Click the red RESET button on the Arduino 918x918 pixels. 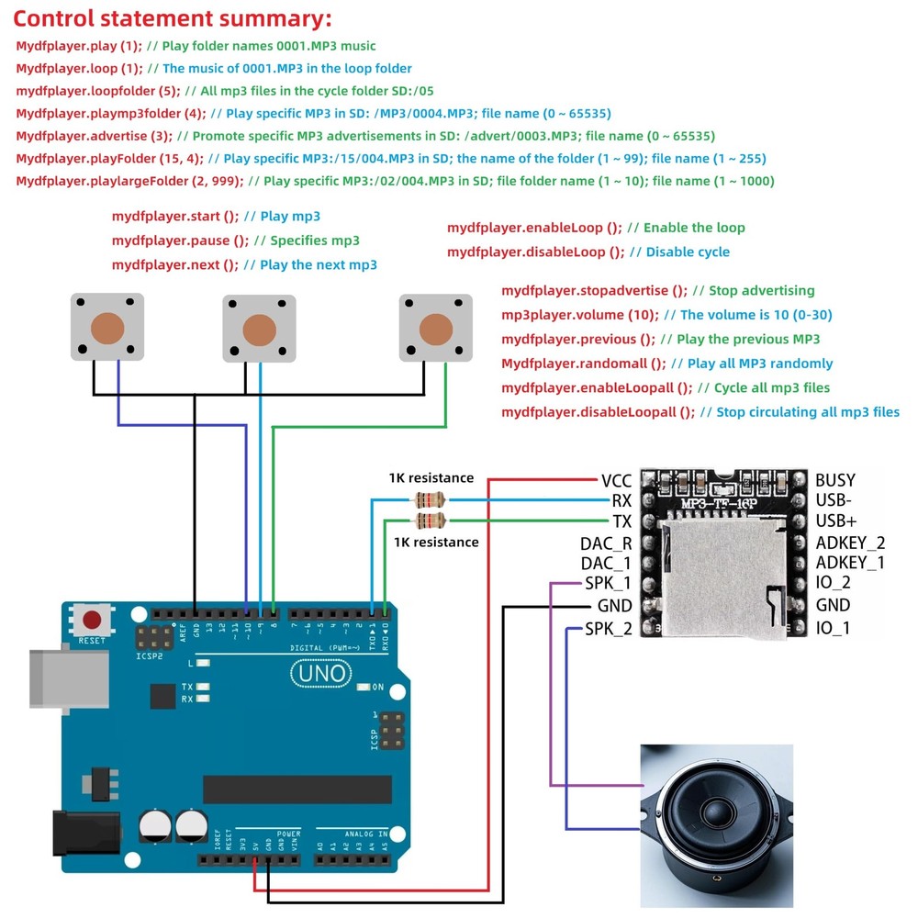pos(92,620)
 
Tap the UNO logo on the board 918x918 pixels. pos(321,674)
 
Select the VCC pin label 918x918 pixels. pos(617,481)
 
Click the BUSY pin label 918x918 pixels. pos(835,480)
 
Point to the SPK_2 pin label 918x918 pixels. pos(609,629)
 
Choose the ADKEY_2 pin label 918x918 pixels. pos(851,543)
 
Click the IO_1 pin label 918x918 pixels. pos(834,628)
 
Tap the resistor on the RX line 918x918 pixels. pos(430,500)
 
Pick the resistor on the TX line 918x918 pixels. pos(430,521)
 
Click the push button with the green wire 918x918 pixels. pos(435,328)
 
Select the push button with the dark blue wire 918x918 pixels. pos(107,327)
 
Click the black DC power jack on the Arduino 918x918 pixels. pos(86,834)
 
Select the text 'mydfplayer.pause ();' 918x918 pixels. pos(180,241)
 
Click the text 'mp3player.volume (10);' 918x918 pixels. pos(580,315)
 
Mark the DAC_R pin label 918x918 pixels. pos(606,543)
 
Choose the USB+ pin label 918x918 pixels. pos(836,521)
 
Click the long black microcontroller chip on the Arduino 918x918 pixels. pos(297,789)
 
